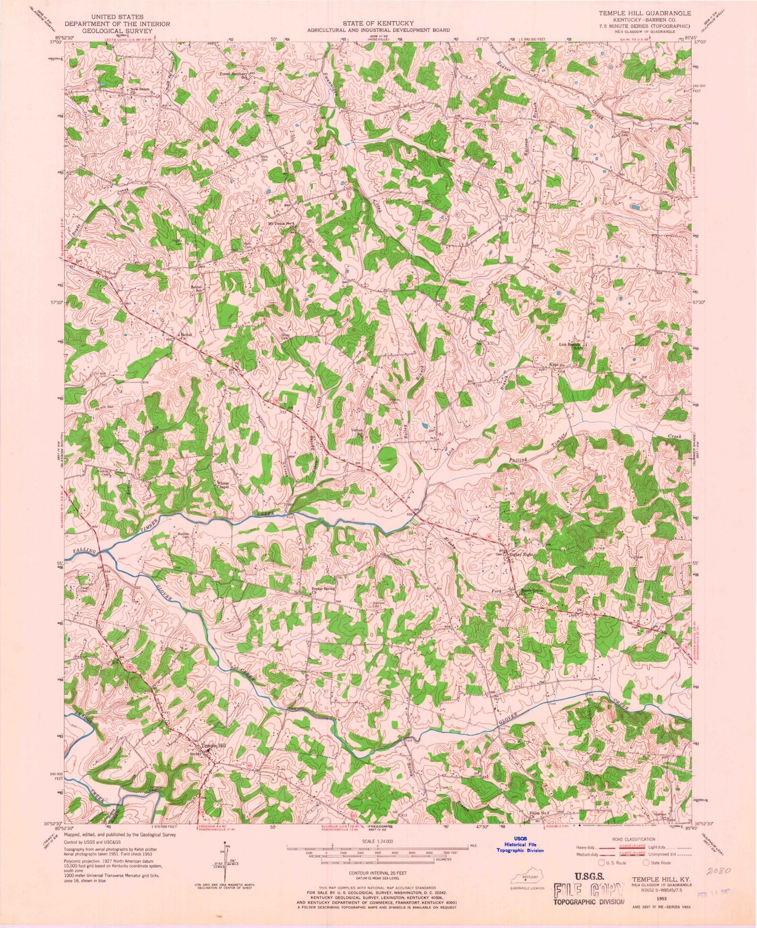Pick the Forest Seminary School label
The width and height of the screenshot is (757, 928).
pos(234,74)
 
